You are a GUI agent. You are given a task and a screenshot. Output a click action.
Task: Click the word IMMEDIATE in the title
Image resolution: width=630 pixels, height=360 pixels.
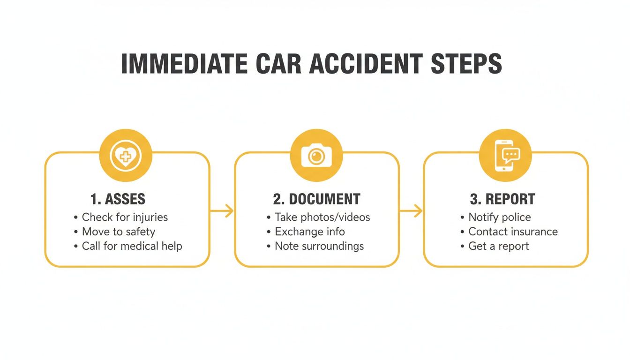coord(184,64)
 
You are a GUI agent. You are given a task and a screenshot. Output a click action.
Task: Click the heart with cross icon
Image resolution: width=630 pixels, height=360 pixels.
coord(125,156)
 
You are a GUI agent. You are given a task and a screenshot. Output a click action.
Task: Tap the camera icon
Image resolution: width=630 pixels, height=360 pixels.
coord(316,155)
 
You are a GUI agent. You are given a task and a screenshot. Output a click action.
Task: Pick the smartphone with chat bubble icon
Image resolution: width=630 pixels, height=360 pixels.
coord(505,155)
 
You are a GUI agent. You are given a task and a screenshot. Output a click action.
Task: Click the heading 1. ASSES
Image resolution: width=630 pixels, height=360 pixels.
coord(118,199)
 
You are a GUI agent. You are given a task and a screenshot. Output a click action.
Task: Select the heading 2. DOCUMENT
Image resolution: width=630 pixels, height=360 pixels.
coord(316,199)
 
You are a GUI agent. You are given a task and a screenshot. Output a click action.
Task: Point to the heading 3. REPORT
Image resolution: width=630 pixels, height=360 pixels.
coord(502,199)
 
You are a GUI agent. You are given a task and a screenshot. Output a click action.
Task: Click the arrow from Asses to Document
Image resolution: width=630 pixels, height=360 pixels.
coord(222,211)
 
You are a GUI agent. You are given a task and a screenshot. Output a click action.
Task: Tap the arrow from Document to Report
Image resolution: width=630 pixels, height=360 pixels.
coord(411,211)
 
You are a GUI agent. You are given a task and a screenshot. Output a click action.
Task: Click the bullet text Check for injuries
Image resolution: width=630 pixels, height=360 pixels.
coord(125,217)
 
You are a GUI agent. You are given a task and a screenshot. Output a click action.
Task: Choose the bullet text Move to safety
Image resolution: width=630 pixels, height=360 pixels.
coord(118,232)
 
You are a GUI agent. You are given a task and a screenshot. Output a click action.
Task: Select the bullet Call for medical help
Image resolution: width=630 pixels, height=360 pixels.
coord(132,246)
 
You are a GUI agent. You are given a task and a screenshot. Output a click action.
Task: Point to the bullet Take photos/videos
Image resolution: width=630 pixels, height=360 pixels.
coord(322,217)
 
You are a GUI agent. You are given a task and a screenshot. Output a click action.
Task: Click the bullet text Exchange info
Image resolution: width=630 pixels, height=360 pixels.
coord(309,232)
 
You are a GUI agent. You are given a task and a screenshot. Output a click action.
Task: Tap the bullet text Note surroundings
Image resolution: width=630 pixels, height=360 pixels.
coord(319,246)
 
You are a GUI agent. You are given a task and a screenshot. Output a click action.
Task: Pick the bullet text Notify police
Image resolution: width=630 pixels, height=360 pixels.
coord(499,217)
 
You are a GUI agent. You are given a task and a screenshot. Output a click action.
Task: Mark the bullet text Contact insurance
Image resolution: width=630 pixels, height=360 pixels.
coord(513,232)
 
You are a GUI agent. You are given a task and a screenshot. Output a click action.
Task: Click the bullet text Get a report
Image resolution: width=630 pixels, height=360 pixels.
coord(498,246)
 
